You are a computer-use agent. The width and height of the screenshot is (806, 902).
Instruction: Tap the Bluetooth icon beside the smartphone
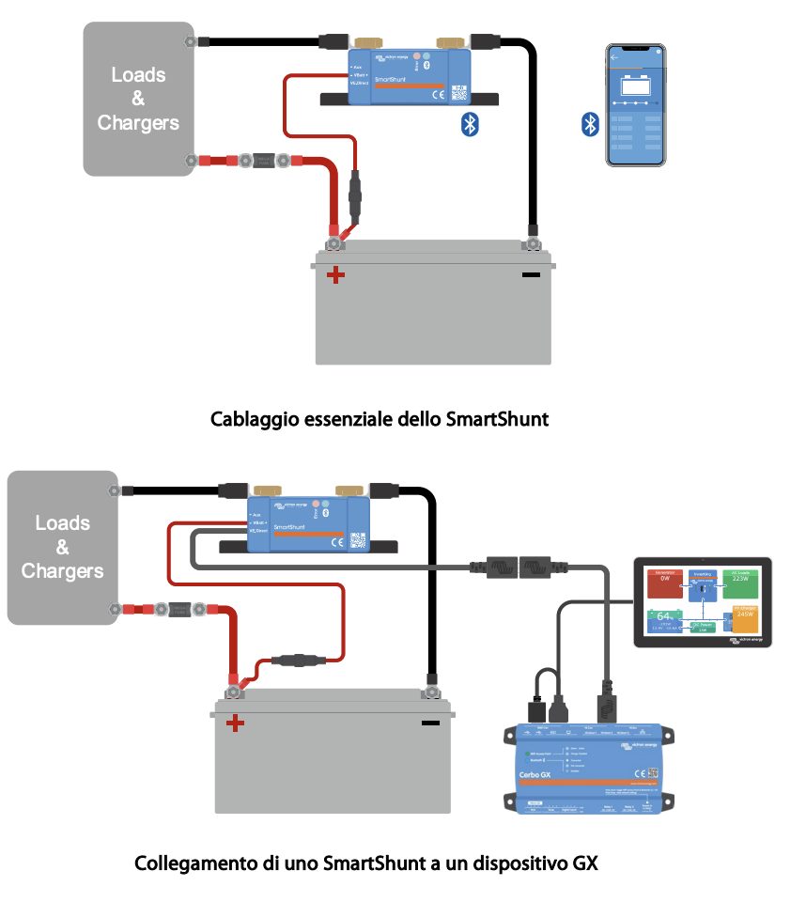pyautogui.click(x=590, y=124)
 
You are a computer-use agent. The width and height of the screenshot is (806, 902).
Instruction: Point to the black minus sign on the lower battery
pyautogui.click(x=431, y=723)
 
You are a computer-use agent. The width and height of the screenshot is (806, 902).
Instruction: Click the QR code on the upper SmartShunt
pyautogui.click(x=458, y=94)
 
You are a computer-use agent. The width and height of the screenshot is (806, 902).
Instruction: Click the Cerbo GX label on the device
pyautogui.click(x=535, y=774)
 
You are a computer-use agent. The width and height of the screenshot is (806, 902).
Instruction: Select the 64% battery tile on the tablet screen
pyautogui.click(x=666, y=621)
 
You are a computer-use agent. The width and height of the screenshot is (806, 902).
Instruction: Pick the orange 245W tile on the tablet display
pyautogui.click(x=745, y=621)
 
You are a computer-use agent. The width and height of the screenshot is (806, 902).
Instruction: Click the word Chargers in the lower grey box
pyautogui.click(x=62, y=570)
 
